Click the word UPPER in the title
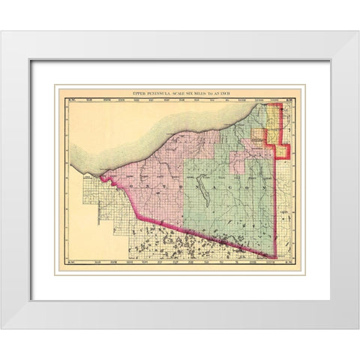pyautogui.click(x=139, y=91)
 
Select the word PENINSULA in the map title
pyautogui.click(x=160, y=91)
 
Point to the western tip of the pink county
pyautogui.click(x=101, y=179)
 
